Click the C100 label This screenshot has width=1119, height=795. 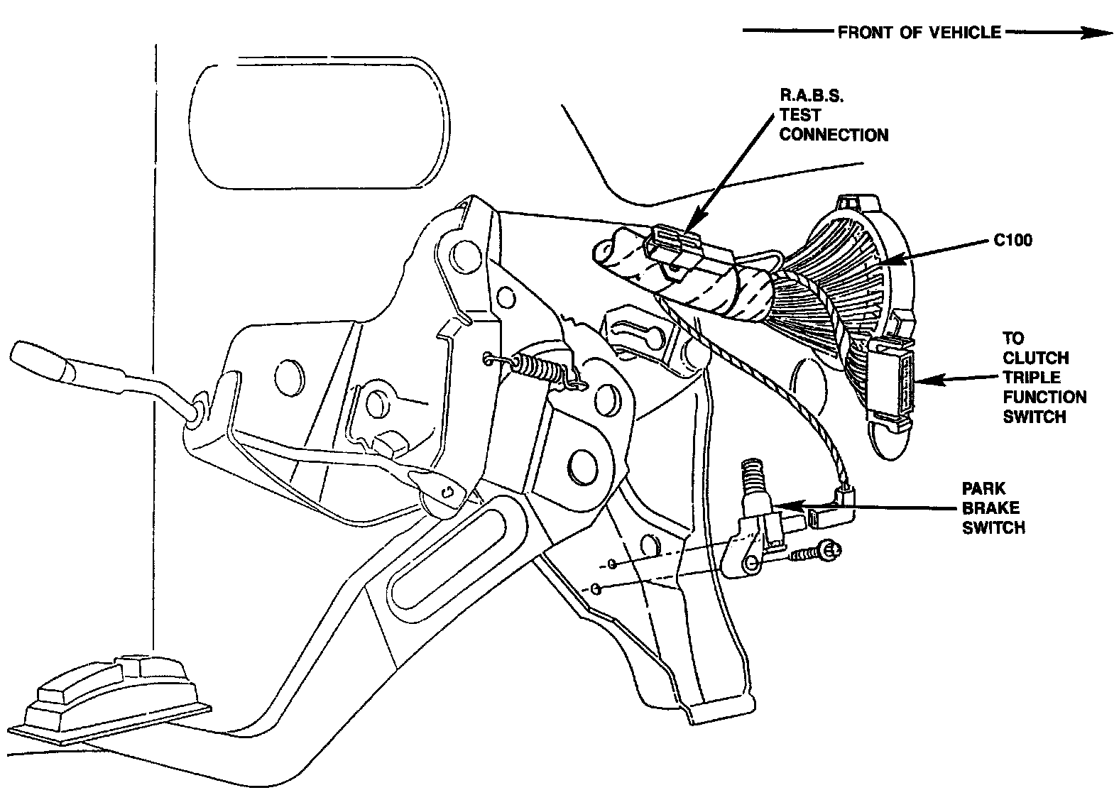pos(1012,241)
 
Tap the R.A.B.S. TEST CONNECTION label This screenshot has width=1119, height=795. pos(833,115)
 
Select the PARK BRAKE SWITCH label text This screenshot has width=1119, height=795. pos(993,508)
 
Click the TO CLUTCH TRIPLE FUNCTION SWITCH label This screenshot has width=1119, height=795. pos(1044,378)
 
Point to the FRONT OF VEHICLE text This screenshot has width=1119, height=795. pos(919,33)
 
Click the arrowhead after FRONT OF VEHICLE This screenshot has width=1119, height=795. pos(1097,33)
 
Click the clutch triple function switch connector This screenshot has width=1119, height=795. pos(891,383)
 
